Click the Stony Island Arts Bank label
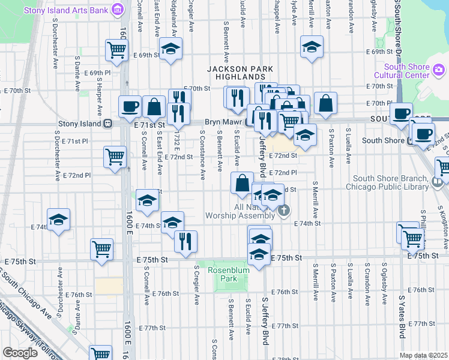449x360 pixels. [67, 11]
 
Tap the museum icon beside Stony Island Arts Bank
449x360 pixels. [118, 10]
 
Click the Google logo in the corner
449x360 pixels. [20, 353]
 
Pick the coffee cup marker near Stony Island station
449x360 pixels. [130, 107]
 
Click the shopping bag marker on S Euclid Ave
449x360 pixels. [242, 183]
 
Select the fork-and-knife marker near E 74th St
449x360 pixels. [185, 241]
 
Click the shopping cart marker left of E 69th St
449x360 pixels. [116, 50]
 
